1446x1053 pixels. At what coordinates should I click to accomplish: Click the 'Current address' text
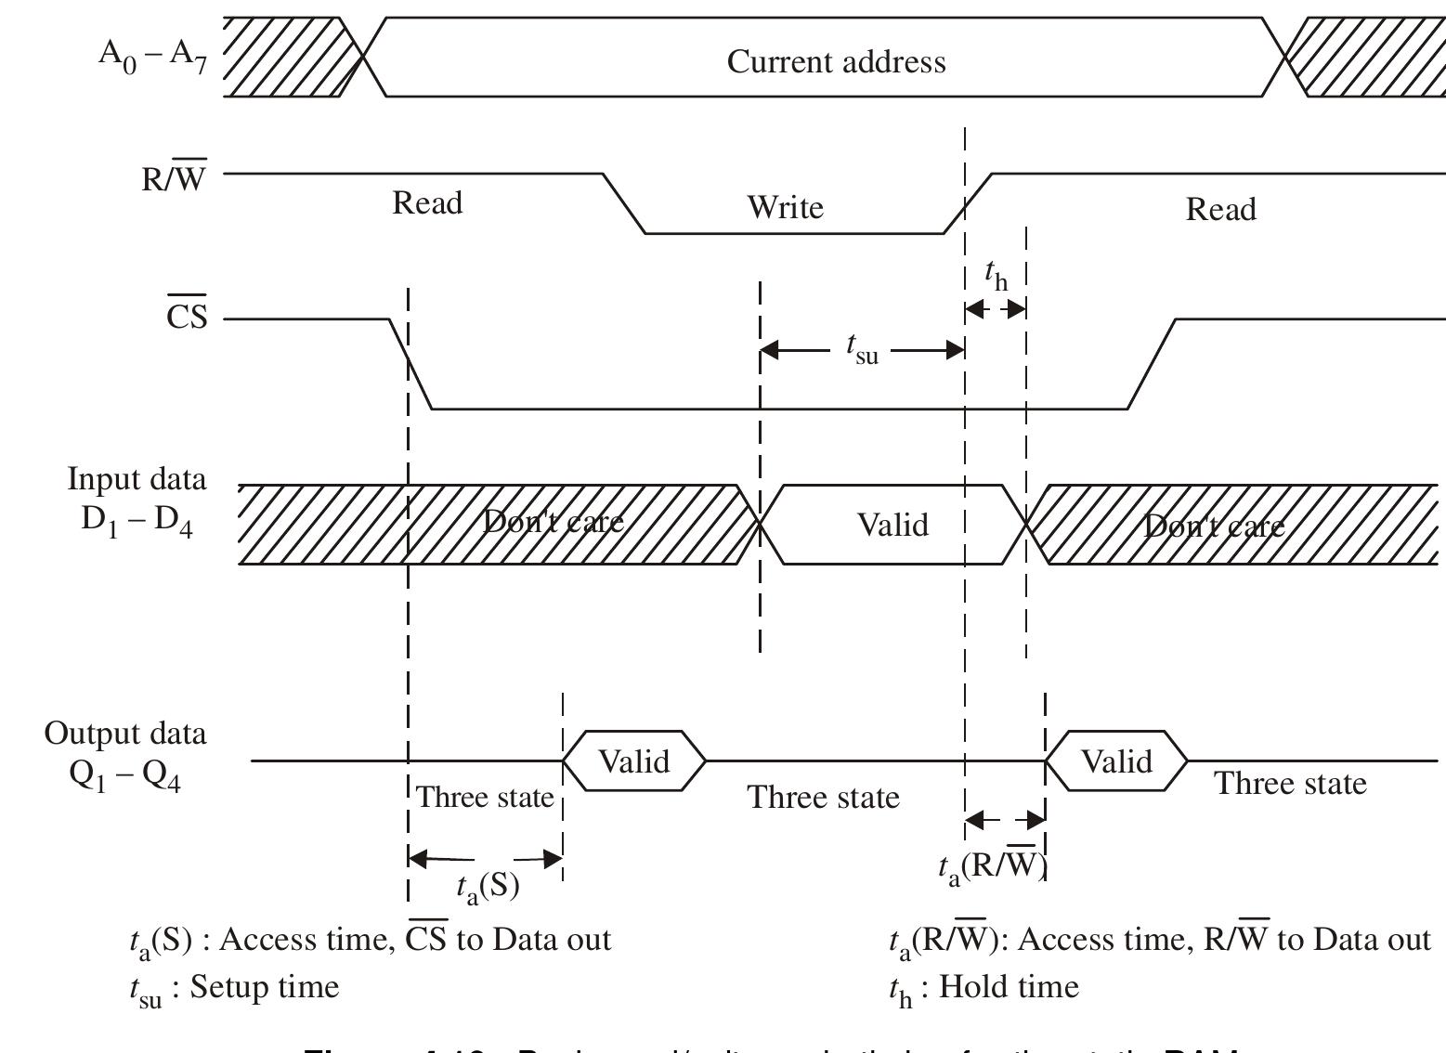[x=836, y=61]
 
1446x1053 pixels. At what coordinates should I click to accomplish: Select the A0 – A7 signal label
[x=152, y=55]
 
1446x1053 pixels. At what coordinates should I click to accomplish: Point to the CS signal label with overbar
[x=187, y=318]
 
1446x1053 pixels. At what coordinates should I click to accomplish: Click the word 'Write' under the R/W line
[x=785, y=206]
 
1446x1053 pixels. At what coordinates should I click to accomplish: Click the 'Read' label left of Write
[x=427, y=202]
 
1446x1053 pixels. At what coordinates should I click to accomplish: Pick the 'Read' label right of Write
[x=1220, y=209]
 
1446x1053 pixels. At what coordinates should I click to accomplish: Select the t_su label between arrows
[x=862, y=348]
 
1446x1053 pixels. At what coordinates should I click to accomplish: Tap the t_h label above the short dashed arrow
[x=996, y=275]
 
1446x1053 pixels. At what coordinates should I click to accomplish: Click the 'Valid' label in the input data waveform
[x=892, y=525]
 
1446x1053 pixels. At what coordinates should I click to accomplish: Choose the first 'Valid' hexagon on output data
[x=633, y=761]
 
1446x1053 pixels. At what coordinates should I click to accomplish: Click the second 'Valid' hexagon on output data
[x=1116, y=761]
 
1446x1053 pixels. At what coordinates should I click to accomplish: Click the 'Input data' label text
[x=137, y=479]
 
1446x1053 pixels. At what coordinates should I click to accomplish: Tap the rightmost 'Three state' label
[x=1290, y=784]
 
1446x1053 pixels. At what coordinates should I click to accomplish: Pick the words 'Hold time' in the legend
[x=1009, y=986]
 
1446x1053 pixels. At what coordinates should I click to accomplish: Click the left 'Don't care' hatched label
[x=554, y=522]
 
